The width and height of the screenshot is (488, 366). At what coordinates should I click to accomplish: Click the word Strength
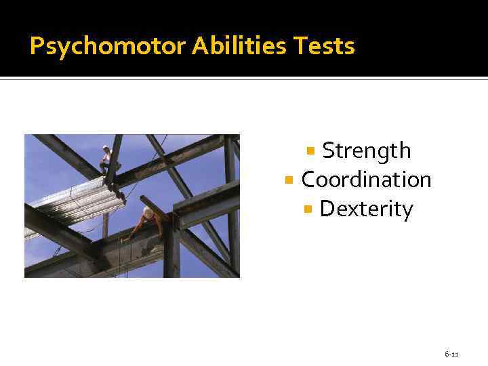(x=366, y=150)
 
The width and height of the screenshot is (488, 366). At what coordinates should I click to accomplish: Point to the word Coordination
(x=366, y=180)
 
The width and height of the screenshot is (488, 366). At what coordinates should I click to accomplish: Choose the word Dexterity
(x=366, y=209)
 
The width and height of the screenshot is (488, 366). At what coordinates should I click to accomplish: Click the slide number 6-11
(x=451, y=354)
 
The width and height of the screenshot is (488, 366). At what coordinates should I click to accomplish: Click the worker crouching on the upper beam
(x=107, y=159)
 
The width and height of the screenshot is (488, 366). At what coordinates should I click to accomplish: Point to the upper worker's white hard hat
(x=106, y=147)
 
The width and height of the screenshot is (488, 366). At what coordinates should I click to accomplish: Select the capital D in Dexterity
(x=326, y=209)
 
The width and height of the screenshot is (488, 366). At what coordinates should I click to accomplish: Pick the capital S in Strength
(x=329, y=150)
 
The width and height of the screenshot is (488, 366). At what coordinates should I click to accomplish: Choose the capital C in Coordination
(x=308, y=180)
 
